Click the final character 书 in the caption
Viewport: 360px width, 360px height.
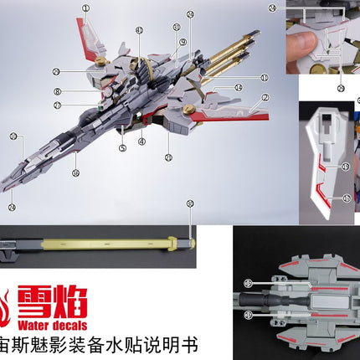click(203, 343)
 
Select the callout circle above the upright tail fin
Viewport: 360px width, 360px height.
click(85, 8)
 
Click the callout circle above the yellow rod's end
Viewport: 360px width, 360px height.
click(190, 203)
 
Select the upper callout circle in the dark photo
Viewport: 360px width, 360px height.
click(249, 283)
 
